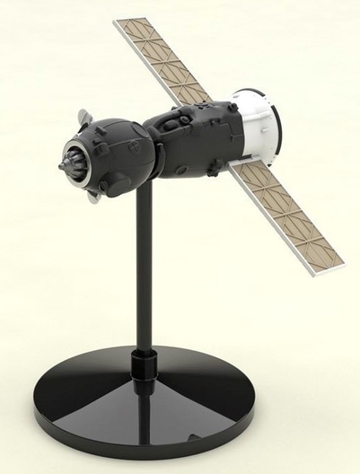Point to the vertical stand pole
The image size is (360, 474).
point(144,269)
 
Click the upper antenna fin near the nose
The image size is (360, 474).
point(83,117)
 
